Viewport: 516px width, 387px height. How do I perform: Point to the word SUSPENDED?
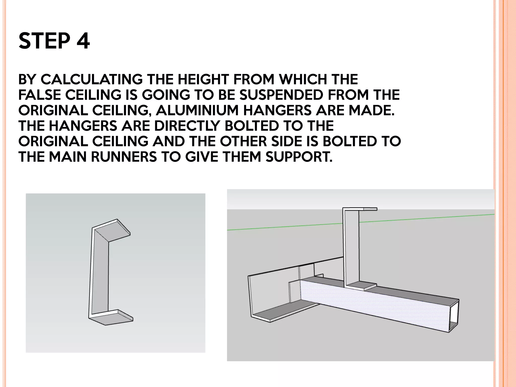281,95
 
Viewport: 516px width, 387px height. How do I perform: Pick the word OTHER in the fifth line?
243,141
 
